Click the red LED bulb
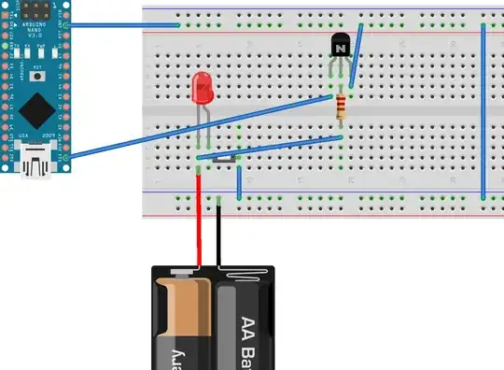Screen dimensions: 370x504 point(201,90)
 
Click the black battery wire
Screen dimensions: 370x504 point(219,234)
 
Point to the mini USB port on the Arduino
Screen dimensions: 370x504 point(36,167)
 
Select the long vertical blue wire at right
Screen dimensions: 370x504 point(483,112)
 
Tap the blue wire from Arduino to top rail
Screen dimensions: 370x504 point(121,25)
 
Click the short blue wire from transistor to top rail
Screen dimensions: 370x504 point(356,56)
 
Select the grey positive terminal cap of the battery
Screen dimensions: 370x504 point(183,274)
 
